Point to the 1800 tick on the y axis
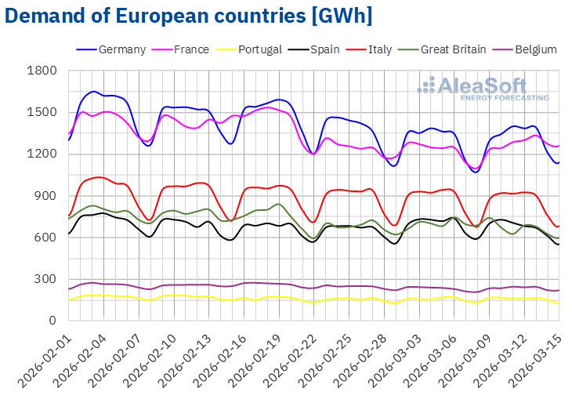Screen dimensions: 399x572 click(x=44, y=71)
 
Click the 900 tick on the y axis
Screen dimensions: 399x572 click(x=47, y=196)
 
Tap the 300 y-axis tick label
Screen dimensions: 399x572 click(x=47, y=279)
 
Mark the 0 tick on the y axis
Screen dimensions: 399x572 click(x=53, y=321)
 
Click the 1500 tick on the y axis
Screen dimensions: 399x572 click(x=44, y=112)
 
